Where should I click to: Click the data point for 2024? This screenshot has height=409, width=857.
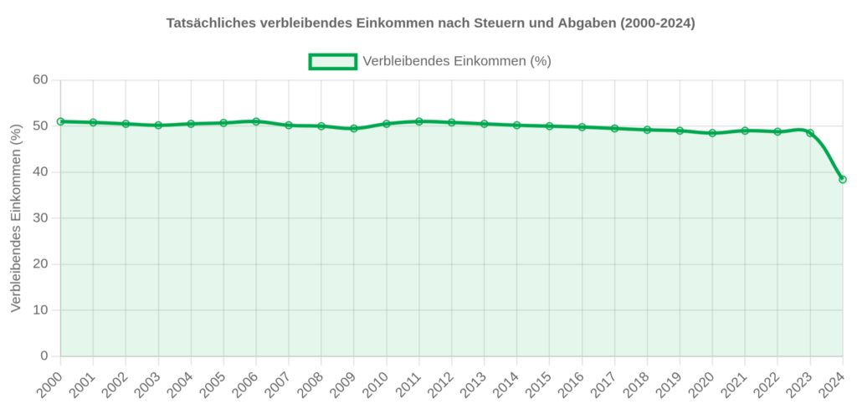(843, 179)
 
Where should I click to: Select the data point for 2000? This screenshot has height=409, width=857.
(60, 121)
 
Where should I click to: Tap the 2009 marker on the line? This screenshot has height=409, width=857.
(354, 129)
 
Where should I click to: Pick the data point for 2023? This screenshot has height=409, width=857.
(810, 133)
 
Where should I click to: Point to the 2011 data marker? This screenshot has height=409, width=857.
(419, 121)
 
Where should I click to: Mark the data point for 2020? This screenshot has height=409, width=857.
(712, 133)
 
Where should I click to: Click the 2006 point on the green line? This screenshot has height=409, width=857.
(256, 121)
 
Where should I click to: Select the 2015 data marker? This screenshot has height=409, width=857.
(550, 126)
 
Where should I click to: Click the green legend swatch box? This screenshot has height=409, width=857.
(333, 61)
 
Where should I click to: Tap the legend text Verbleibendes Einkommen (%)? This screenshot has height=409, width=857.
(456, 61)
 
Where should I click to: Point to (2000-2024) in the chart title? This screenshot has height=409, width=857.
(657, 23)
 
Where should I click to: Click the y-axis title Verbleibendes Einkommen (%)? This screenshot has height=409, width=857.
(16, 218)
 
